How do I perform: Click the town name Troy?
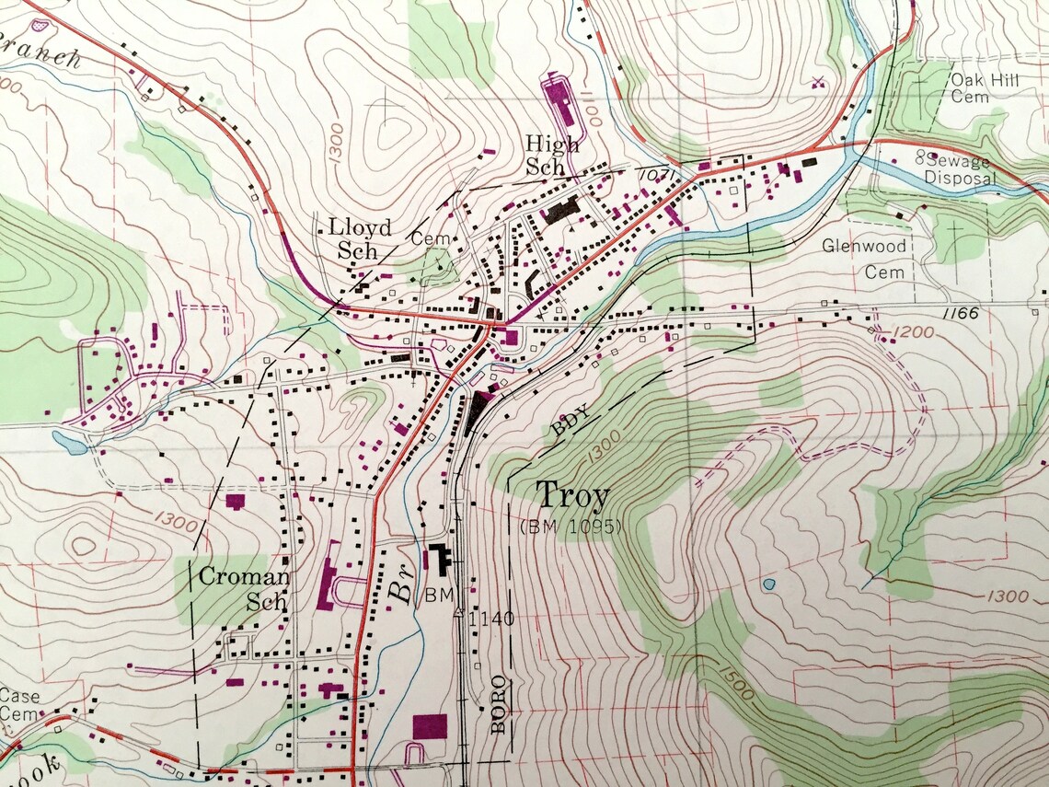[x=572, y=497]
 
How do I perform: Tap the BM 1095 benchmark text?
[x=571, y=527]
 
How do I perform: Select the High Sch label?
[x=552, y=155]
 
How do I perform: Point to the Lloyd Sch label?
[x=360, y=237]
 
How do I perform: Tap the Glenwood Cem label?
[x=864, y=259]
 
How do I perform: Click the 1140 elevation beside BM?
[x=490, y=619]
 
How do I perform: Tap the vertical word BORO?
[x=499, y=704]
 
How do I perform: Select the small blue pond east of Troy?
[x=768, y=584]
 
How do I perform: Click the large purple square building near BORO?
[x=430, y=725]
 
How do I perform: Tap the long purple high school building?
[x=559, y=97]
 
